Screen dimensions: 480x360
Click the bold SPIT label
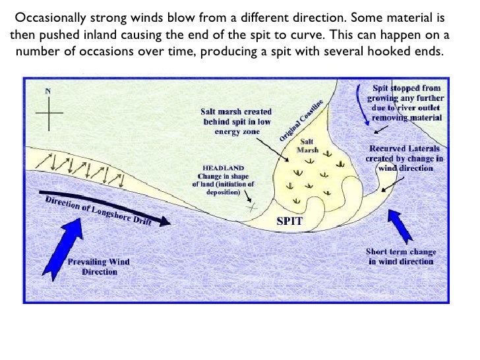(289, 221)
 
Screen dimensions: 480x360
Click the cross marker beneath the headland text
(251, 206)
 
